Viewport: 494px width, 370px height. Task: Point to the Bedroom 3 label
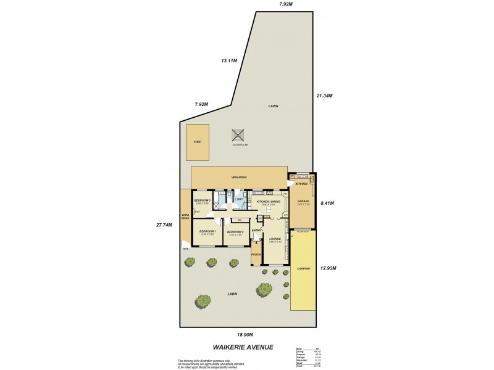click(203, 200)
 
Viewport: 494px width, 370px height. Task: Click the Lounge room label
click(275, 238)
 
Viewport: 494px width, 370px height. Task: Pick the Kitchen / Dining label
click(270, 201)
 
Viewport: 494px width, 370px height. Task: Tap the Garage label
click(303, 200)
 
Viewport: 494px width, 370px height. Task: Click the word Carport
click(303, 269)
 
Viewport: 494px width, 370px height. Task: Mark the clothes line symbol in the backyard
click(238, 136)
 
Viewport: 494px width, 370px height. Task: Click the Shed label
click(198, 141)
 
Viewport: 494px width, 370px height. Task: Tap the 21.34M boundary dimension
click(324, 96)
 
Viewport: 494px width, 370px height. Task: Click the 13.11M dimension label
click(229, 60)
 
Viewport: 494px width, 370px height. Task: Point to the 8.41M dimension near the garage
click(325, 199)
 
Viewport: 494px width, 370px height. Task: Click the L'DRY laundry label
click(238, 200)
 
